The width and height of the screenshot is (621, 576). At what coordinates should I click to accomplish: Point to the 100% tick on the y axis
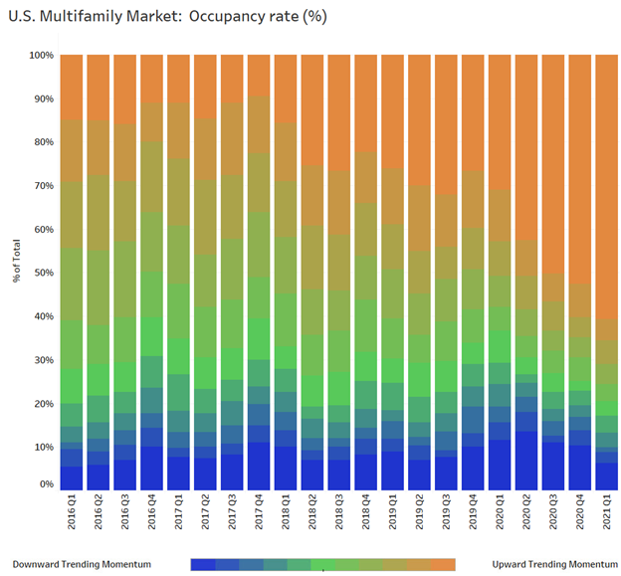pos(40,56)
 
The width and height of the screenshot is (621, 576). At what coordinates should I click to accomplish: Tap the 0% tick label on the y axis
pos(45,484)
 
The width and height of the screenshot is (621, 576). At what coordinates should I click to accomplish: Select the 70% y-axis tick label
pos(42,186)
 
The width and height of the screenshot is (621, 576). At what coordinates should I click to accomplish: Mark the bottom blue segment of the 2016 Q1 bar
pos(72,478)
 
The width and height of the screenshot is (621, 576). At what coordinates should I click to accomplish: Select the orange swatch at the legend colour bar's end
pos(444,564)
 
